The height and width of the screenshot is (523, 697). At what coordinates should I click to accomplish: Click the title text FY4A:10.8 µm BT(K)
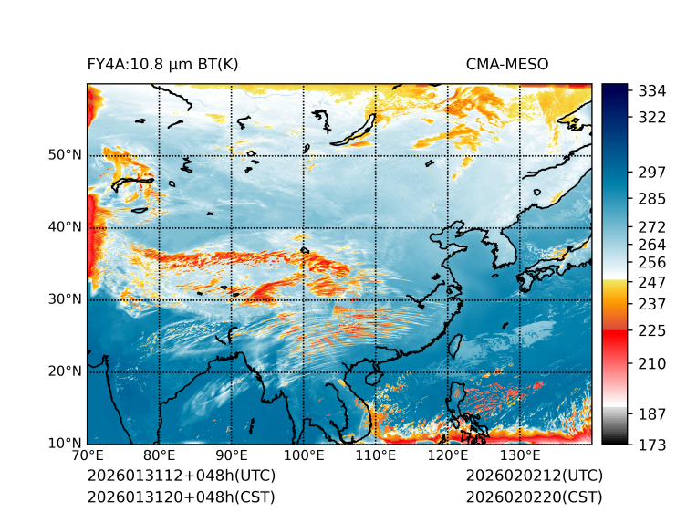point(162,65)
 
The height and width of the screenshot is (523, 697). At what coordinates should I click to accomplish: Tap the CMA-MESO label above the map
point(507,65)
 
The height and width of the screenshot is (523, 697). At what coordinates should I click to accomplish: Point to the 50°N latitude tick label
point(64,155)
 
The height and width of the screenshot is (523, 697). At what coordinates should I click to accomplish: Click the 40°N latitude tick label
point(64,227)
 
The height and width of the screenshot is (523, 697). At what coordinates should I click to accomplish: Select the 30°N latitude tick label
point(64,299)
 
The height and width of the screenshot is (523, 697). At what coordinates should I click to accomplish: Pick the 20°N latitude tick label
point(64,371)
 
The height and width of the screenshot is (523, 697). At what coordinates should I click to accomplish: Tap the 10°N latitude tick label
point(64,444)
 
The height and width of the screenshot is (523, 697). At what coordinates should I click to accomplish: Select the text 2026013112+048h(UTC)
point(181,476)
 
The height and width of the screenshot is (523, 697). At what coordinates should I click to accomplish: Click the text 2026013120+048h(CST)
point(181,497)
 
